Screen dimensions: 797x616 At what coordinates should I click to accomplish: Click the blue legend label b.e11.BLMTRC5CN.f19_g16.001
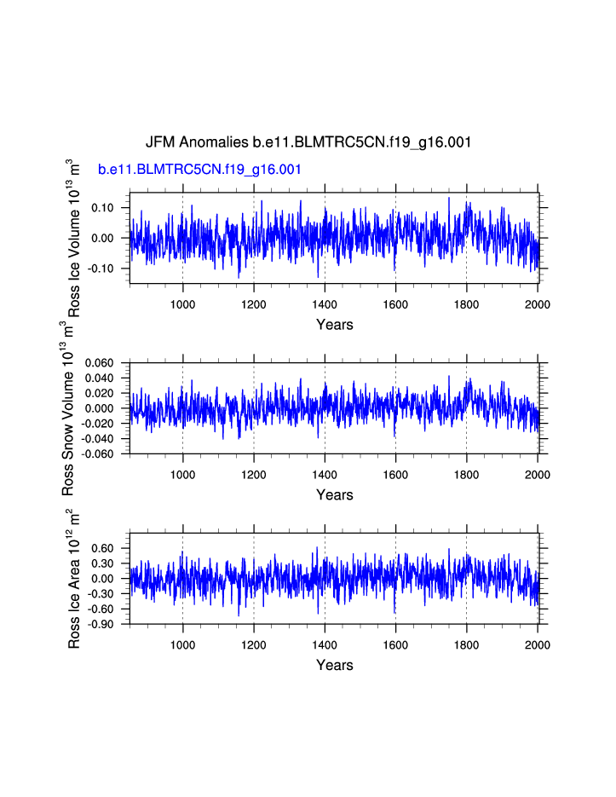[x=199, y=170]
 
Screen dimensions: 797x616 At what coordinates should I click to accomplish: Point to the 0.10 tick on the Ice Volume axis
[x=102, y=208]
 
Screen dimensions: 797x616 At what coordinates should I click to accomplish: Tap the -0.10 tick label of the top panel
[x=101, y=269]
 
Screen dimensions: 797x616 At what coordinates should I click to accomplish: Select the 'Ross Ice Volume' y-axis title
[x=75, y=238]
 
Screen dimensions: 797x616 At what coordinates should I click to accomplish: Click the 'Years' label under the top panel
[x=334, y=325]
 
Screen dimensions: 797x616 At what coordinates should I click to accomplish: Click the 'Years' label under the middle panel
[x=334, y=495]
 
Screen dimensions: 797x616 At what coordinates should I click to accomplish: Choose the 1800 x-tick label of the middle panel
[x=466, y=475]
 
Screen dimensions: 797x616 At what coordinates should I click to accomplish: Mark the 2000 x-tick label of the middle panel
[x=538, y=475]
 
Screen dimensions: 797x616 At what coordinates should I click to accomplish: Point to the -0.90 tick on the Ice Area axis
[x=101, y=625]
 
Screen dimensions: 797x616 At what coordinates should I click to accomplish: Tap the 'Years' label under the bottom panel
[x=334, y=666]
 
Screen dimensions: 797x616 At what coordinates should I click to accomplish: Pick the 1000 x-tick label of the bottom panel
[x=182, y=645]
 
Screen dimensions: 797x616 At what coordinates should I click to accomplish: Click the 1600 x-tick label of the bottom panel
[x=395, y=645]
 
